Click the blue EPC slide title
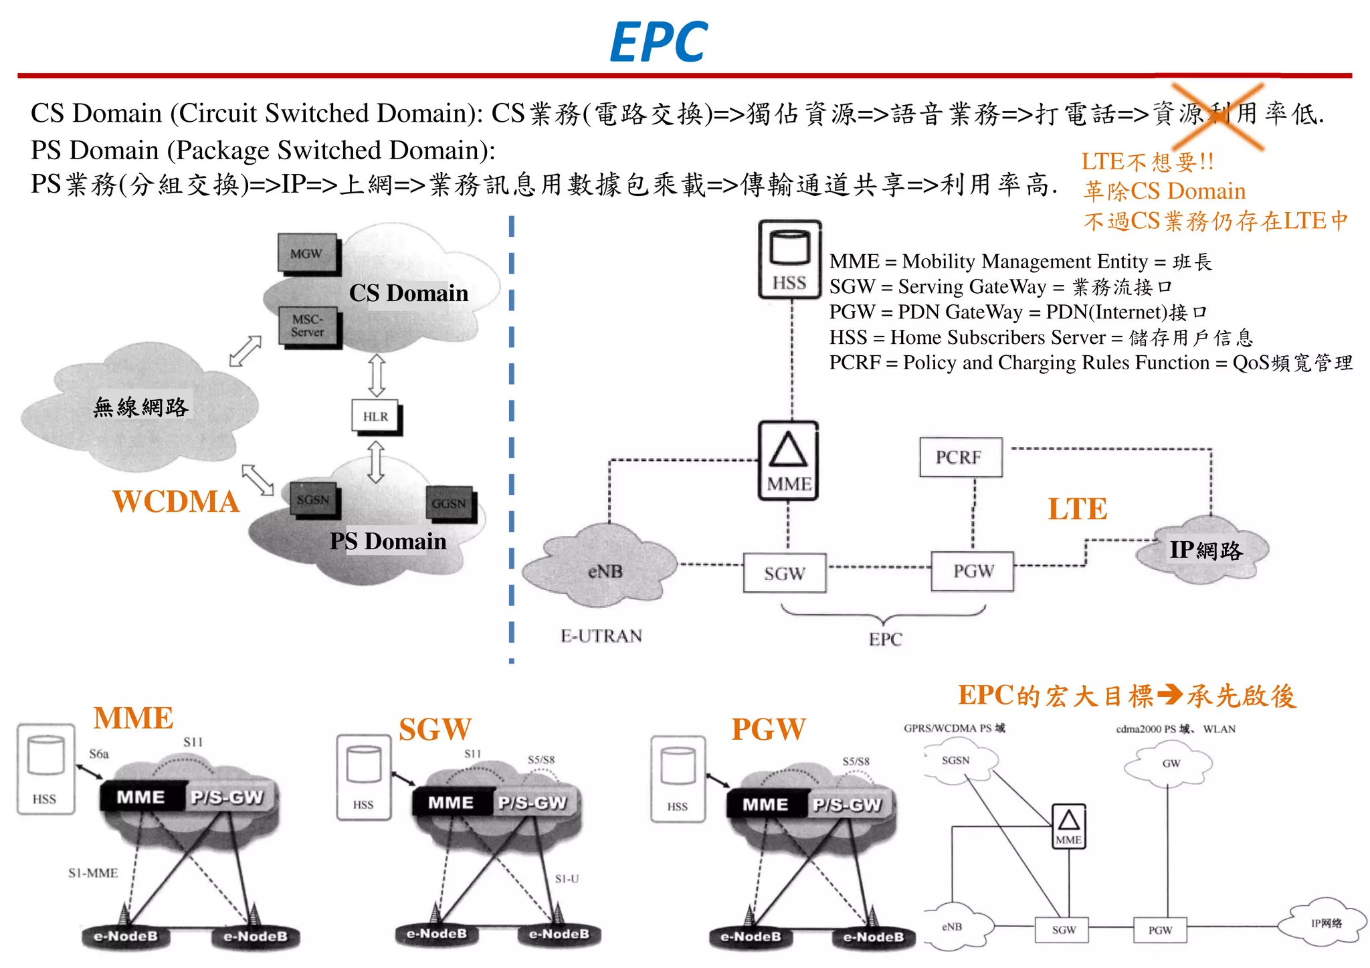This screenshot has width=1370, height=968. pyautogui.click(x=658, y=41)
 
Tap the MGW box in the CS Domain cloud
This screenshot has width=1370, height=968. pyautogui.click(x=306, y=254)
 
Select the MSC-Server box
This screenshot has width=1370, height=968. pyautogui.click(x=308, y=326)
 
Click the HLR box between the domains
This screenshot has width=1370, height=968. pyautogui.click(x=375, y=416)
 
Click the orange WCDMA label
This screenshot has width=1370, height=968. pyautogui.click(x=175, y=502)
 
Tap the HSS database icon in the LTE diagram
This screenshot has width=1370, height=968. pyautogui.click(x=789, y=258)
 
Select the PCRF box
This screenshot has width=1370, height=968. pyautogui.click(x=959, y=458)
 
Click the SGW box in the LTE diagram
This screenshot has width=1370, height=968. pyautogui.click(x=784, y=573)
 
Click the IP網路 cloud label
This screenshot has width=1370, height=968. pyautogui.click(x=1205, y=550)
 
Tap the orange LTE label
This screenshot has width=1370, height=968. pyautogui.click(x=1077, y=509)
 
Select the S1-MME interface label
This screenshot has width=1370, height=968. pyautogui.click(x=93, y=873)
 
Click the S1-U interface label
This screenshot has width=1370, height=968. pyautogui.click(x=567, y=878)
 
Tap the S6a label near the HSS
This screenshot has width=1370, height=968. pyautogui.click(x=99, y=754)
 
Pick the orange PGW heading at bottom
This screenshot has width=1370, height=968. pyautogui.click(x=768, y=729)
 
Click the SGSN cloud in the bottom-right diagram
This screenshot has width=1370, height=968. pyautogui.click(x=955, y=761)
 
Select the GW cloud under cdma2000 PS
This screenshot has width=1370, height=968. pyautogui.click(x=1171, y=763)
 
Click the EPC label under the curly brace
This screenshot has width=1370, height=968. pyautogui.click(x=885, y=640)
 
